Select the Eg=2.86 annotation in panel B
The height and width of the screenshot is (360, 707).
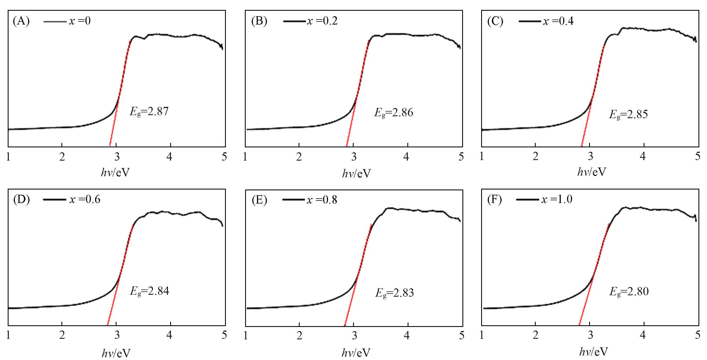(394, 113)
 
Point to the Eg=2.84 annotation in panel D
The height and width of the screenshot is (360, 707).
(149, 291)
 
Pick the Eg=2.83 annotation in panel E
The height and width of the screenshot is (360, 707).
(394, 293)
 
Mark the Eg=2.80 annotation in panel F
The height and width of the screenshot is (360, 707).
(629, 291)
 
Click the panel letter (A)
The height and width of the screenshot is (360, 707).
(21, 21)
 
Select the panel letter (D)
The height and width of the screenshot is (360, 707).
(21, 199)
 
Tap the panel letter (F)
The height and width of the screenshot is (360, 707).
(494, 199)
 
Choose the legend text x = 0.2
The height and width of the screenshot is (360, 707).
(323, 21)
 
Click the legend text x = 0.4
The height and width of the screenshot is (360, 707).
(558, 21)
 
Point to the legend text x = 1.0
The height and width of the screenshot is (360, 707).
(557, 199)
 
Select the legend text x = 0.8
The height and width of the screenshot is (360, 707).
(322, 200)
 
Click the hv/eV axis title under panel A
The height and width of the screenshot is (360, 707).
(115, 173)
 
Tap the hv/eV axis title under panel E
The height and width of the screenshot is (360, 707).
(356, 352)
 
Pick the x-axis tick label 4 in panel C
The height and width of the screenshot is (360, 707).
(643, 157)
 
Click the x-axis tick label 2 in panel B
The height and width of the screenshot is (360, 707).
(299, 157)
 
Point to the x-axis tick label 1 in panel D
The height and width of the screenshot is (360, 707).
(9, 335)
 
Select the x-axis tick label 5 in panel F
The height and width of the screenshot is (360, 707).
(697, 335)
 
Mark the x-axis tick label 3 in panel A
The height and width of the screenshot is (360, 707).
(117, 157)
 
